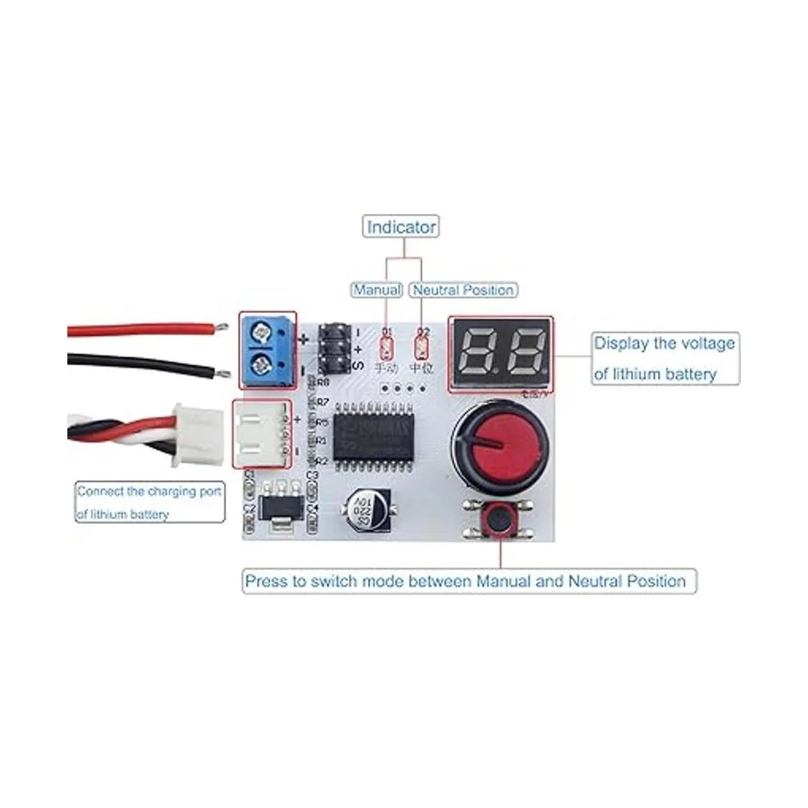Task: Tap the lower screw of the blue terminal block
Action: pos(261,366)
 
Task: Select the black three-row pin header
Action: pos(334,349)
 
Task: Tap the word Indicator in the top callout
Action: pos(401,227)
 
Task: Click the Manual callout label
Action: pos(377,290)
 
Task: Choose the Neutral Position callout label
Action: pos(463,290)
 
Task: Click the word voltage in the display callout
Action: pos(700,343)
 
